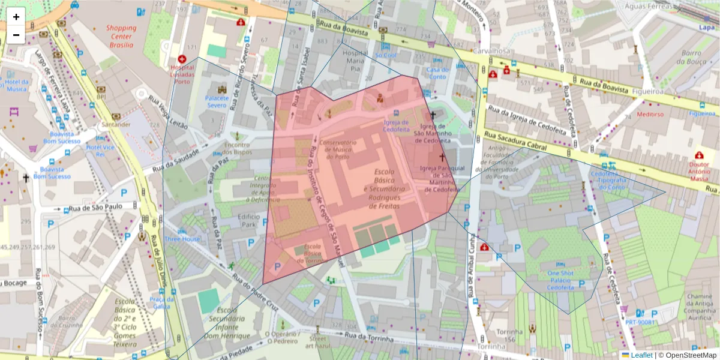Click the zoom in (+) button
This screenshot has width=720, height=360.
16,17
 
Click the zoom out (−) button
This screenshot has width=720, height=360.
16,35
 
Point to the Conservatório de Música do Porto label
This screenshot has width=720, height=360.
338,149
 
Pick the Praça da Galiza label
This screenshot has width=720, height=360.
162,303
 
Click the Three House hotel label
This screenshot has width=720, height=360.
182,239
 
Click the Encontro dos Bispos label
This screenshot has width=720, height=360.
237,148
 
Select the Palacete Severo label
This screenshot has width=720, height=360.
217,101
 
